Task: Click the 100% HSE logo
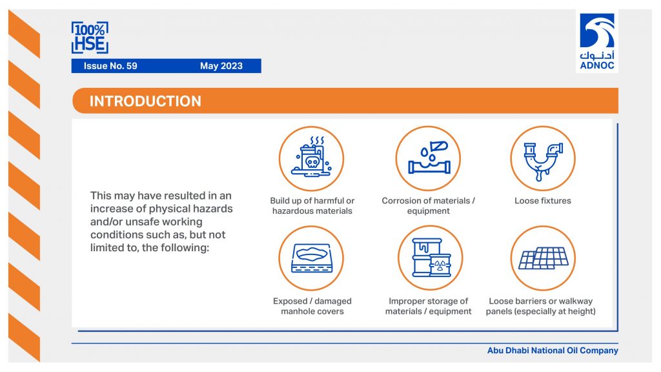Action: pyautogui.click(x=90, y=37)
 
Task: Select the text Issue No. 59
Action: pyautogui.click(x=110, y=66)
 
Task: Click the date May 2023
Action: pyautogui.click(x=221, y=66)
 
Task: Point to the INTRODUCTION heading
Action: pyautogui.click(x=145, y=101)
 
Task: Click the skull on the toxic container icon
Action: pyautogui.click(x=312, y=161)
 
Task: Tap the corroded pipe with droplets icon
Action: pyautogui.click(x=429, y=158)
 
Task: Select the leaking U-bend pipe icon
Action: pyautogui.click(x=543, y=159)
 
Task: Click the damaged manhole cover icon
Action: pyautogui.click(x=312, y=258)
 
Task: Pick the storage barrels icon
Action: pyautogui.click(x=431, y=258)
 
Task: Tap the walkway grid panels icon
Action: pyautogui.click(x=543, y=258)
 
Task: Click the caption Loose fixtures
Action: pyautogui.click(x=542, y=201)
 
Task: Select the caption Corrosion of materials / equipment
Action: pyautogui.click(x=429, y=206)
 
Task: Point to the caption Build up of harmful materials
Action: pyautogui.click(x=312, y=206)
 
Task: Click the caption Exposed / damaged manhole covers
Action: pyautogui.click(x=312, y=306)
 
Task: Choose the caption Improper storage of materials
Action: pyautogui.click(x=429, y=306)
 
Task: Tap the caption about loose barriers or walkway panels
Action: pyautogui.click(x=541, y=306)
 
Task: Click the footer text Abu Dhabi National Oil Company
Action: pyautogui.click(x=553, y=351)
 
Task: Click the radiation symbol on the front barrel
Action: pyautogui.click(x=440, y=265)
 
